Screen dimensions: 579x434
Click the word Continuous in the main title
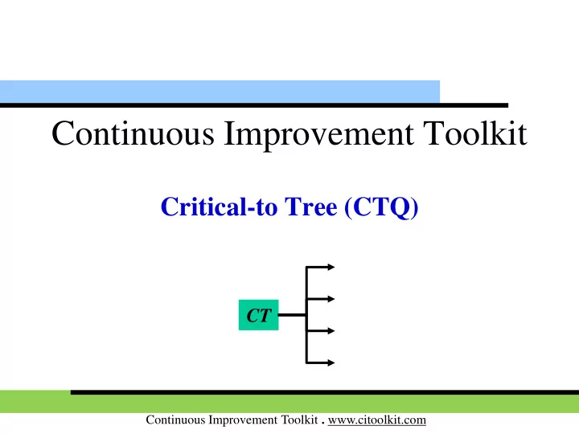(x=133, y=133)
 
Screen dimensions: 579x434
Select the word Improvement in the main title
(x=318, y=136)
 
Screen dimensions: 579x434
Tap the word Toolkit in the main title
(x=475, y=133)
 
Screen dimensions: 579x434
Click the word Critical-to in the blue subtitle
(x=219, y=207)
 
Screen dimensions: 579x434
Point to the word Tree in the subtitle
(x=311, y=207)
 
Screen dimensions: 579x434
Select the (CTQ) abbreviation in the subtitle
(x=381, y=207)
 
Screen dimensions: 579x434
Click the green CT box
(x=258, y=315)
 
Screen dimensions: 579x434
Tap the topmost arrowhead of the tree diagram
(x=331, y=267)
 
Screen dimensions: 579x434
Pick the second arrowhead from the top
(x=331, y=298)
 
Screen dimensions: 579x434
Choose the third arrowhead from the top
(x=331, y=330)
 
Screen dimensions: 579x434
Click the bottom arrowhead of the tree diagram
(x=331, y=362)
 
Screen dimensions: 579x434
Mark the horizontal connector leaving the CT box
(x=292, y=315)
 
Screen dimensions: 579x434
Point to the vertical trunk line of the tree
(x=306, y=315)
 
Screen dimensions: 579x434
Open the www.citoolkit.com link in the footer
(x=377, y=420)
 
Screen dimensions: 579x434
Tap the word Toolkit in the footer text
(x=299, y=420)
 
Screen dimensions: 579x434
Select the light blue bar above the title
(x=220, y=92)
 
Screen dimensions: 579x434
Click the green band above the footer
(x=289, y=403)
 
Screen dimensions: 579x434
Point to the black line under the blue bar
(x=254, y=105)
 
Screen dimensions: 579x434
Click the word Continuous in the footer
(x=175, y=420)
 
